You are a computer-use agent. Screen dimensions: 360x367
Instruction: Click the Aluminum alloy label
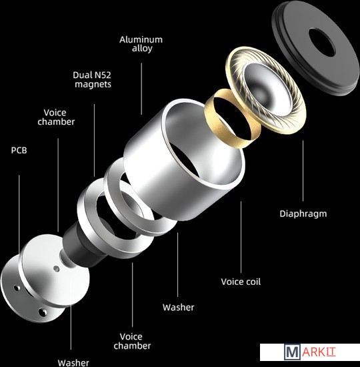(141, 44)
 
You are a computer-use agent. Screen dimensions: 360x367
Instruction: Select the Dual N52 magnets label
(92, 79)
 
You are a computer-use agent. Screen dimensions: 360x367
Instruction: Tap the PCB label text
(19, 150)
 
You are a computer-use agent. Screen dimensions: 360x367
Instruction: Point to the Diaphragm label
(303, 214)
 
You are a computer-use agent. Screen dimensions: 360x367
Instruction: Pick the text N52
(103, 75)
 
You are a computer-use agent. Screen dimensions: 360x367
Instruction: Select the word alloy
(142, 49)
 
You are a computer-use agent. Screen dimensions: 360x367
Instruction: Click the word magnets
(93, 84)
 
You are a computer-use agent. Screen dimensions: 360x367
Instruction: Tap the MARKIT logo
(310, 352)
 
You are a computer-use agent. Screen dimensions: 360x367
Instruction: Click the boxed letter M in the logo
(292, 352)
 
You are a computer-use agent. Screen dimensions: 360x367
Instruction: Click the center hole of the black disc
(321, 42)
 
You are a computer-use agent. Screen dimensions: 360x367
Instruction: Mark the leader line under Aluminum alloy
(141, 89)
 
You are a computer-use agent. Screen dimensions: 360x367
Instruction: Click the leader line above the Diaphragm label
(303, 171)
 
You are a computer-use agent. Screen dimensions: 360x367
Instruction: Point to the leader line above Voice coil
(241, 237)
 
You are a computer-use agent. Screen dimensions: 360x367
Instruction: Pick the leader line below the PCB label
(19, 212)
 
